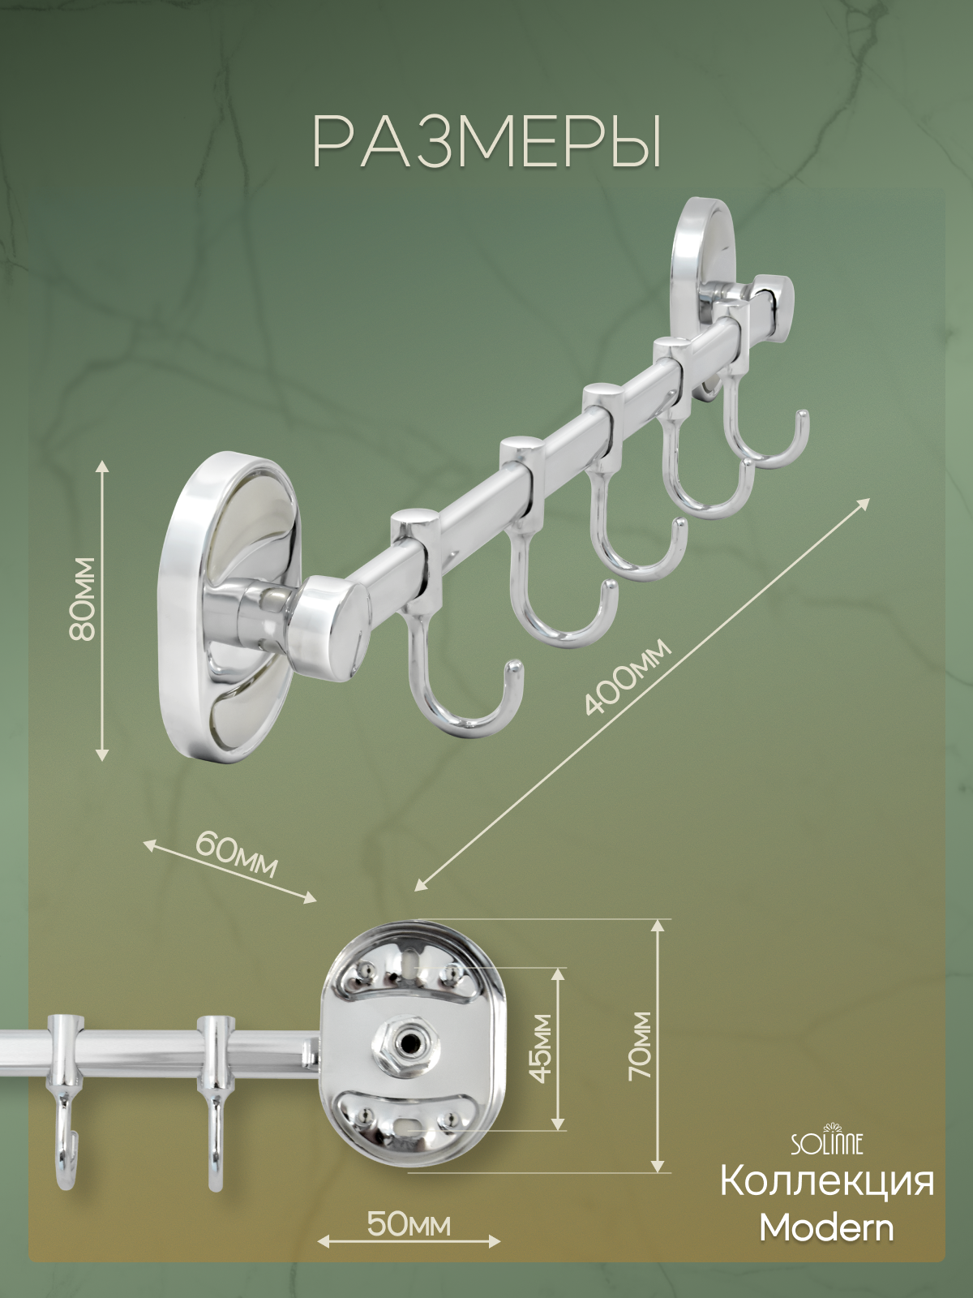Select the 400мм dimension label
(628, 677)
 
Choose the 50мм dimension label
(409, 1224)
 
